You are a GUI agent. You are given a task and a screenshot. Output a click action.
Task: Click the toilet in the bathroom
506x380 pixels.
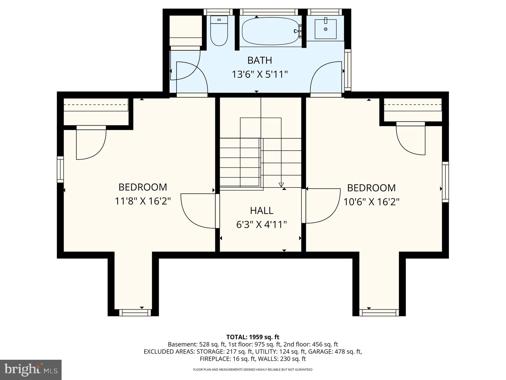219,32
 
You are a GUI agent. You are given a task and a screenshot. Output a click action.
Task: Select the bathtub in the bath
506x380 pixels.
269,31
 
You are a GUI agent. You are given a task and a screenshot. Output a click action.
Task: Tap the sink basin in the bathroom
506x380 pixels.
326,29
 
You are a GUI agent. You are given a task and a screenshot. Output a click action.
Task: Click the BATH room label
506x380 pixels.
259,60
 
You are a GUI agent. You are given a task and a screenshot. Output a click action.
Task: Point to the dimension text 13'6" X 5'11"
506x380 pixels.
259,75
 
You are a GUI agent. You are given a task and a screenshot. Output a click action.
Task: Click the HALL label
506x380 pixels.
261,211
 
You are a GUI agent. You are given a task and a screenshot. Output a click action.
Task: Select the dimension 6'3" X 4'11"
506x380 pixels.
261,225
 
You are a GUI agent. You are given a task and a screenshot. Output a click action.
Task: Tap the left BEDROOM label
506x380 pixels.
143,187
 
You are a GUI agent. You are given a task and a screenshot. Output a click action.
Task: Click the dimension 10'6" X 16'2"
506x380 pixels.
371,202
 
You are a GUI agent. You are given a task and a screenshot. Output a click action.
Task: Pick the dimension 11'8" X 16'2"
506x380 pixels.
143,201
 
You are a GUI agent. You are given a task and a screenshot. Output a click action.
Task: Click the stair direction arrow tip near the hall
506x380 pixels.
281,185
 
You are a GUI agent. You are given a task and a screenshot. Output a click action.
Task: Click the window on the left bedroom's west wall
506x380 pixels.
60,169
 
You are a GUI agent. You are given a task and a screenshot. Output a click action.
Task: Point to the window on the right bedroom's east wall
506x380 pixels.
445,182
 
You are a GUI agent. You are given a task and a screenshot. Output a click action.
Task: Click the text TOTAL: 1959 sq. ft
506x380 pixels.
253,337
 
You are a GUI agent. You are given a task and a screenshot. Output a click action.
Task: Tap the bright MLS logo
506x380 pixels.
31,370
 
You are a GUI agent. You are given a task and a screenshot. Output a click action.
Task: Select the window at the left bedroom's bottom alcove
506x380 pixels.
133,312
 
